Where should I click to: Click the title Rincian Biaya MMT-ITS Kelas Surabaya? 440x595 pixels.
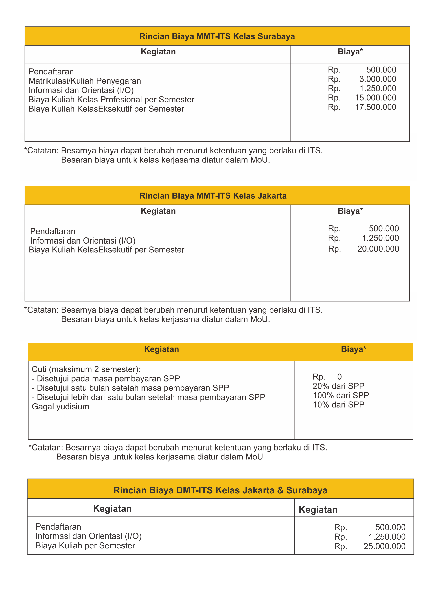pos(217,36)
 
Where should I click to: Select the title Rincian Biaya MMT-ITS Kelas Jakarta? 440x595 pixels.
pos(213,196)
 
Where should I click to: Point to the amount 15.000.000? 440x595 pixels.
pos(375,98)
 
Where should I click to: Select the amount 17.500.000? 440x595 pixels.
pos(375,107)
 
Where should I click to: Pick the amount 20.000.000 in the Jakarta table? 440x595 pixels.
pos(378,249)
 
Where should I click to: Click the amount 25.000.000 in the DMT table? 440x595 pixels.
pos(384,546)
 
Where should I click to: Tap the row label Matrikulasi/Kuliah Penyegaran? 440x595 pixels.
pos(85,81)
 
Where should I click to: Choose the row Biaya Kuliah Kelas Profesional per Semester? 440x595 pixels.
pos(111,99)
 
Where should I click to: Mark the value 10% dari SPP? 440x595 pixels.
pos(338,404)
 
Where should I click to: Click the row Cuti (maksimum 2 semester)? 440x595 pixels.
pos(86,369)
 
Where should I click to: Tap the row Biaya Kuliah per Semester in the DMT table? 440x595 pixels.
pos(85,545)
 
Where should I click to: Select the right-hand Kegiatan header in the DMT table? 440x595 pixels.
pos(318,510)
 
